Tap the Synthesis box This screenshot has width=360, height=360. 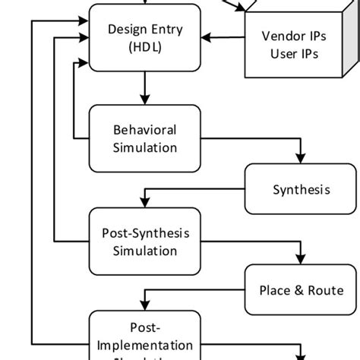tap(301, 189)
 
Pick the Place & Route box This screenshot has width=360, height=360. tap(301, 290)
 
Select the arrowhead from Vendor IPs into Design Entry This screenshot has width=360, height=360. tap(209, 36)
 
